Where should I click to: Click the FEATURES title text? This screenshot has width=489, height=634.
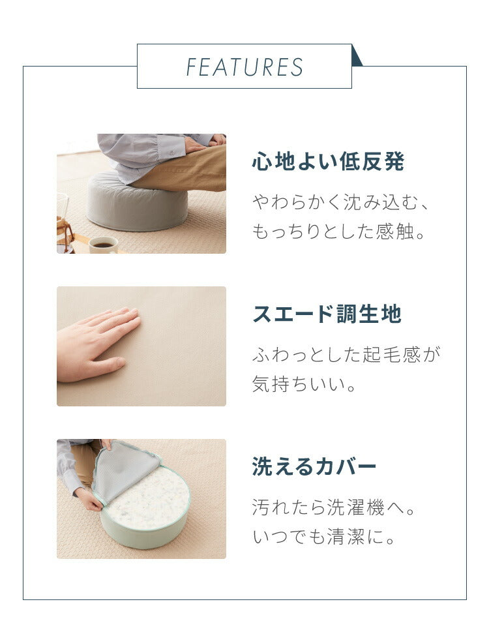[x=244, y=67]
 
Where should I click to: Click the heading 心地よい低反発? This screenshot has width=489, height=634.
[x=328, y=161]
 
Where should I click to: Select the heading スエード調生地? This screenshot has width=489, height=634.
[x=327, y=314]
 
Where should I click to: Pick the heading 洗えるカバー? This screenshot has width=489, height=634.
[x=314, y=466]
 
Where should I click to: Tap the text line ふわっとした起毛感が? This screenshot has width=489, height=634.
[x=346, y=355]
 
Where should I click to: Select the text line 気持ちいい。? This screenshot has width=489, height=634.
[x=304, y=384]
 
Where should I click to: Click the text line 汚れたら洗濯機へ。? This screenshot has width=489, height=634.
[x=334, y=507]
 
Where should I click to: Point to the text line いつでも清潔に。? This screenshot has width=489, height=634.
[x=323, y=537]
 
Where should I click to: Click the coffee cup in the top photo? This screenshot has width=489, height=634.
[x=104, y=245]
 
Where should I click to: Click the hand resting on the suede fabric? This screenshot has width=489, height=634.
[x=97, y=344]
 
